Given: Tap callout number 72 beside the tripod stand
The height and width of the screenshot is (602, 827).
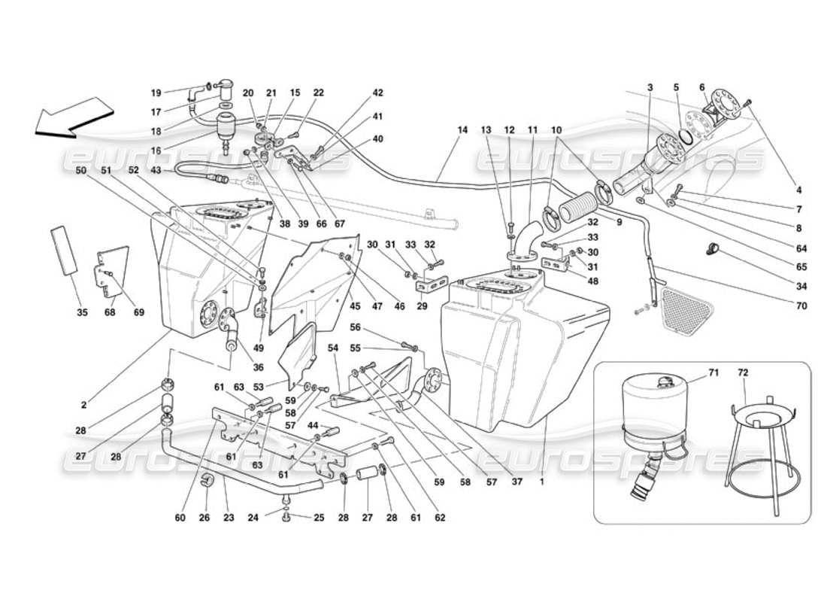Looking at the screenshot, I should pyautogui.click(x=743, y=373).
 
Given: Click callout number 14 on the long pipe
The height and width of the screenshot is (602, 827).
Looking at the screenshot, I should pyautogui.click(x=462, y=130).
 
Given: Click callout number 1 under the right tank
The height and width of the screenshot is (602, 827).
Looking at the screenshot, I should pyautogui.click(x=541, y=475).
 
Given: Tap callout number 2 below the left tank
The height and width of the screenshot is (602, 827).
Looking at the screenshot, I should pyautogui.click(x=84, y=405).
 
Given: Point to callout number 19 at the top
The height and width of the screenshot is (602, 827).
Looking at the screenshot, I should pyautogui.click(x=156, y=93).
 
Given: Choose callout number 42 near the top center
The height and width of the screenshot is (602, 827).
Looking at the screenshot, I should pyautogui.click(x=377, y=93).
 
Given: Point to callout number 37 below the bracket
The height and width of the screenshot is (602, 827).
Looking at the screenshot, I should pyautogui.click(x=516, y=475).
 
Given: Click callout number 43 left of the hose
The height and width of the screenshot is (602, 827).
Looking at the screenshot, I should pyautogui.click(x=156, y=171).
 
